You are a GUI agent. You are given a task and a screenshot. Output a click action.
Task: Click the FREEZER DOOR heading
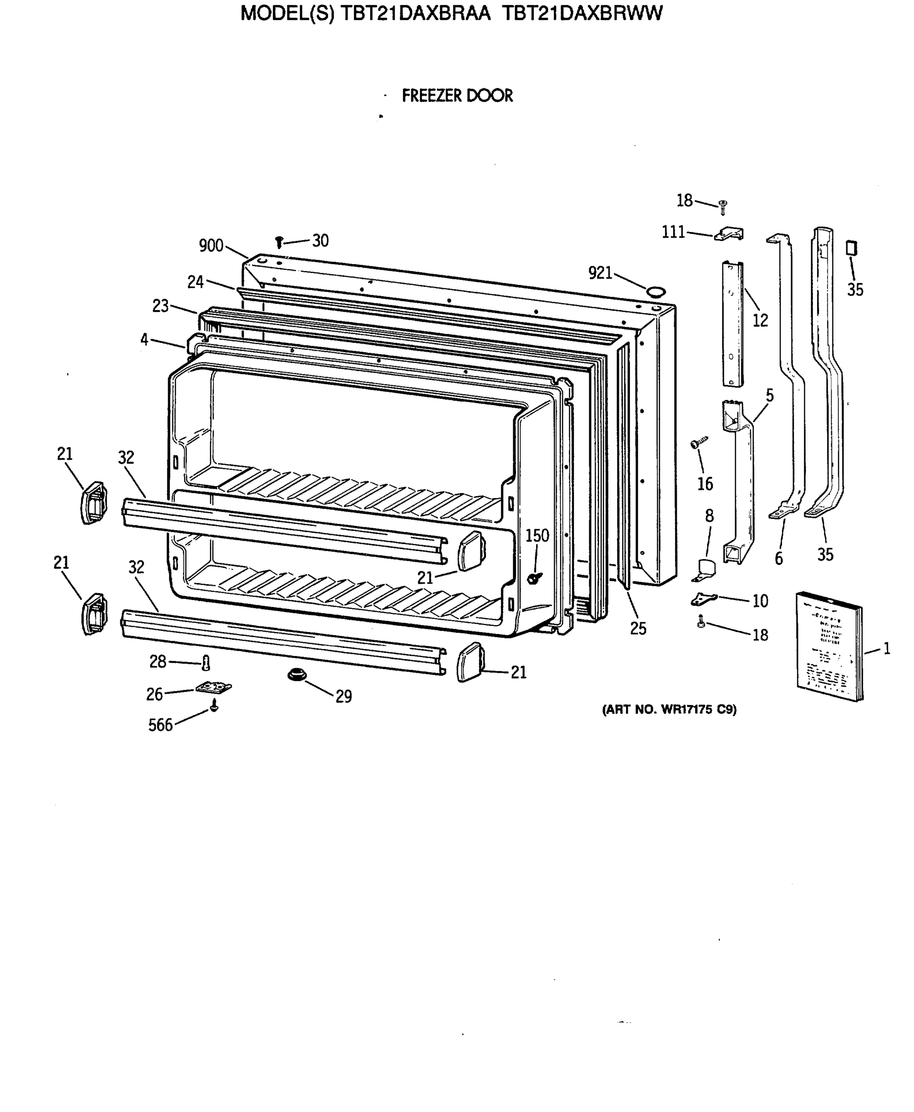point(457,96)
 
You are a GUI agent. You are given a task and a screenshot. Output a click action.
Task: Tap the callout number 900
point(211,246)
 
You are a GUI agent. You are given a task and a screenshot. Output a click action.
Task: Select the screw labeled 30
point(279,242)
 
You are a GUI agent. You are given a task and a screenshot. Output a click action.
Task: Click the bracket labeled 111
point(729,234)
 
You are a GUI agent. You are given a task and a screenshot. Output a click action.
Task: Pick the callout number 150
point(537,536)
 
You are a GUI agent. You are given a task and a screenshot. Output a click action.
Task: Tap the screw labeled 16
point(699,443)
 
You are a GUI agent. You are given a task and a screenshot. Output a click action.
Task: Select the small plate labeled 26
point(214,688)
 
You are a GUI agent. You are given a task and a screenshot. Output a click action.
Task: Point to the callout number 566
point(160,726)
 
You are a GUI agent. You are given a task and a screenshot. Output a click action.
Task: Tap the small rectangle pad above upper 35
point(851,248)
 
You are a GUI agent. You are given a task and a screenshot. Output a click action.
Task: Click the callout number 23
point(160,306)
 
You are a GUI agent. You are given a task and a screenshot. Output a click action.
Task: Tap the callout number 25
point(637,629)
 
